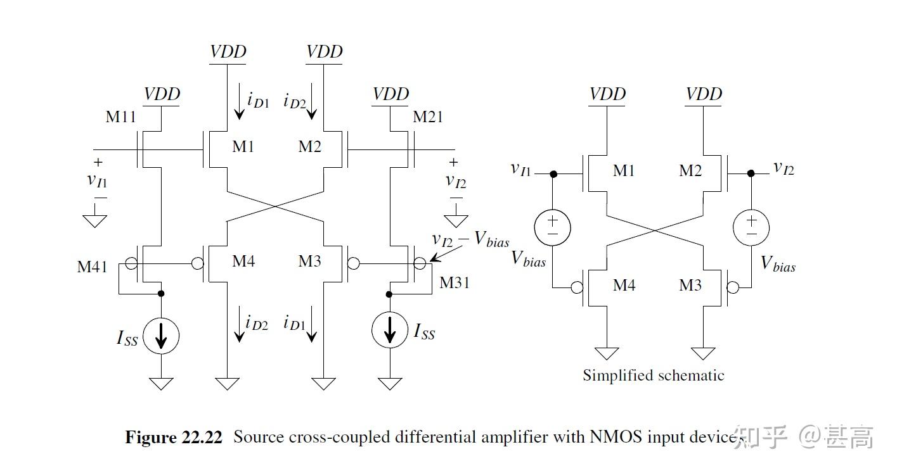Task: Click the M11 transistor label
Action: (x=120, y=117)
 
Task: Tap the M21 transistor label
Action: (x=428, y=117)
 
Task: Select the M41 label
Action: (x=93, y=267)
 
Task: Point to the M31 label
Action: (x=455, y=282)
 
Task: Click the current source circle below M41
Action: (x=160, y=336)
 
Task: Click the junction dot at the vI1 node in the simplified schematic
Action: (x=553, y=173)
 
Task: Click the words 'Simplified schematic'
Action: (x=653, y=375)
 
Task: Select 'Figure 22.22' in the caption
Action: (x=174, y=438)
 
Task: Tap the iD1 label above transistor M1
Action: (x=258, y=99)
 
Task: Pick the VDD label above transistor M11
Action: (x=162, y=94)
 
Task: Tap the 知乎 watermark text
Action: (x=760, y=437)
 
